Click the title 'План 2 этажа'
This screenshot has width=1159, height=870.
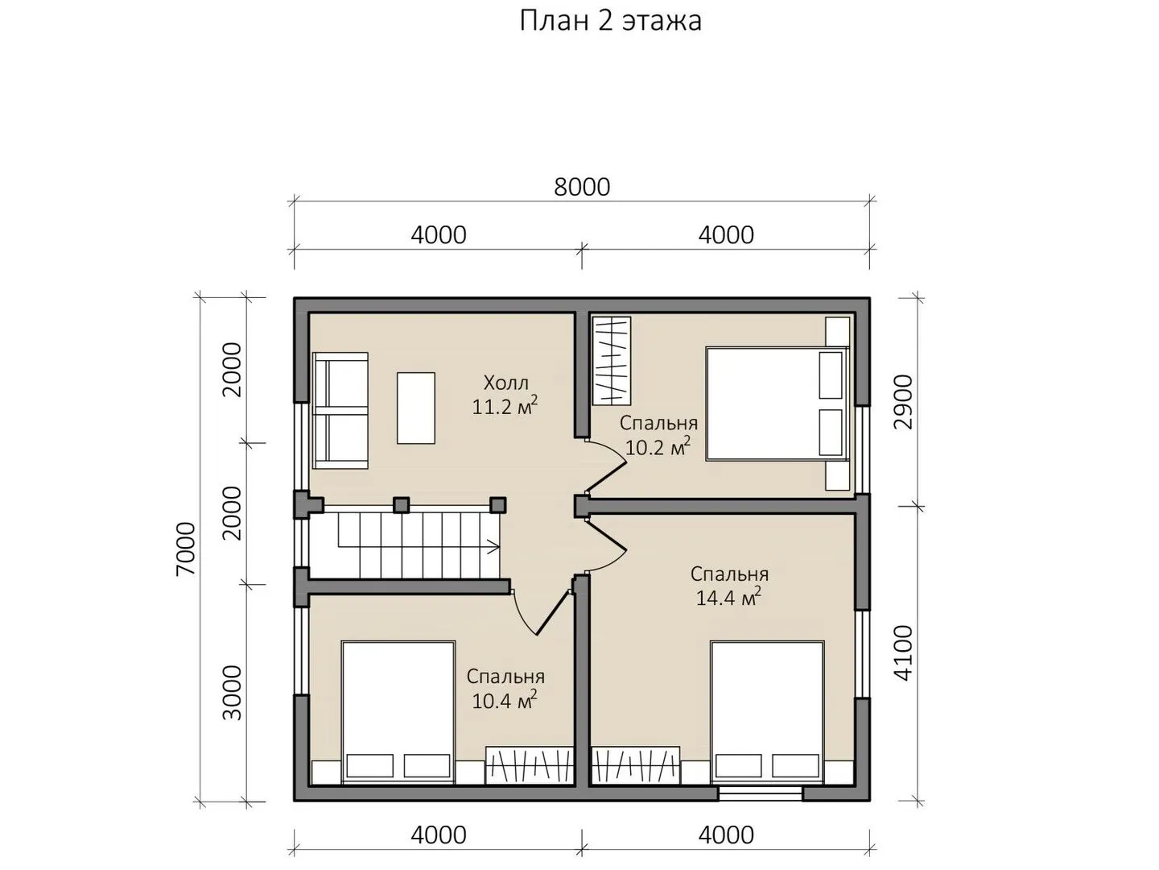(x=610, y=22)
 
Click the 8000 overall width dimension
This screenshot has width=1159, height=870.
(x=582, y=187)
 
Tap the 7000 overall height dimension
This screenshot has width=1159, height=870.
(x=187, y=549)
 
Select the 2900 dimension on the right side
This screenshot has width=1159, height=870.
(x=903, y=402)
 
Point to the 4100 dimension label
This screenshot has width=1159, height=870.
(x=903, y=652)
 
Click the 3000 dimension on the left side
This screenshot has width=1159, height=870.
(x=233, y=693)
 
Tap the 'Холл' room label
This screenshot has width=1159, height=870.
(x=505, y=383)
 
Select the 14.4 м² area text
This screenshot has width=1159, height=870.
(x=728, y=598)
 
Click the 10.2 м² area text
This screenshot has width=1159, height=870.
(x=658, y=447)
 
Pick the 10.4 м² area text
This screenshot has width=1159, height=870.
(x=505, y=701)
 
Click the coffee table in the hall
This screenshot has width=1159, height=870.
(x=416, y=408)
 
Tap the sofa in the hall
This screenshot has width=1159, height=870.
(x=340, y=411)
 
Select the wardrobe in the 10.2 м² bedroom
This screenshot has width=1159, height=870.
(x=612, y=361)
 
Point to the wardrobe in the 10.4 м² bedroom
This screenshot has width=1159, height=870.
(x=530, y=765)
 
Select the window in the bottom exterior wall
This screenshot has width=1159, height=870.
(x=761, y=793)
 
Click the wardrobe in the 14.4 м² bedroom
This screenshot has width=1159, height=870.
(x=635, y=765)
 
